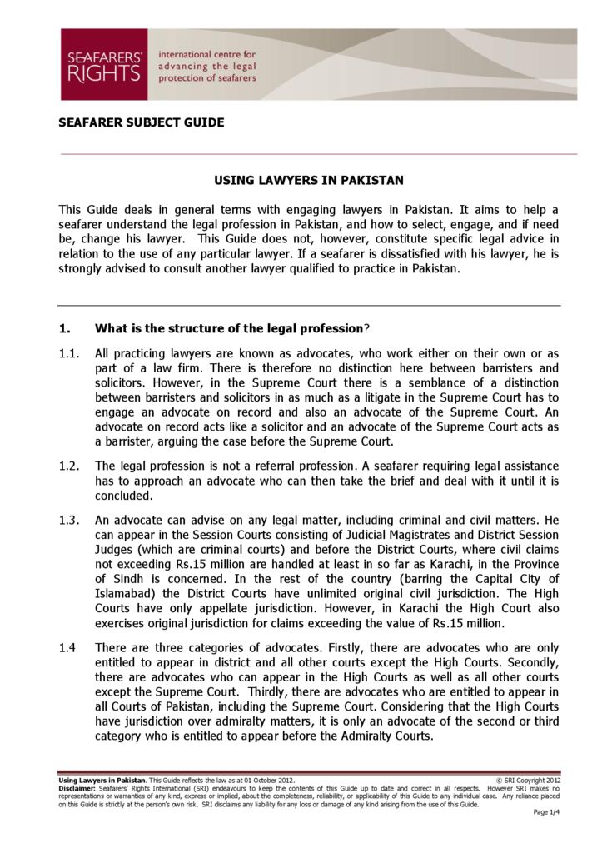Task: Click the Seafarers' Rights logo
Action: coord(103,65)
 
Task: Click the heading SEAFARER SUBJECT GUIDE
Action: coord(141,122)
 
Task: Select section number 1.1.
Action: coord(69,352)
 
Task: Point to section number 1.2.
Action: coord(69,466)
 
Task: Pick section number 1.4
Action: coord(69,647)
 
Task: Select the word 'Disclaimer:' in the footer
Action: coord(77,787)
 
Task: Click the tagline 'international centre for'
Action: coord(206,54)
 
